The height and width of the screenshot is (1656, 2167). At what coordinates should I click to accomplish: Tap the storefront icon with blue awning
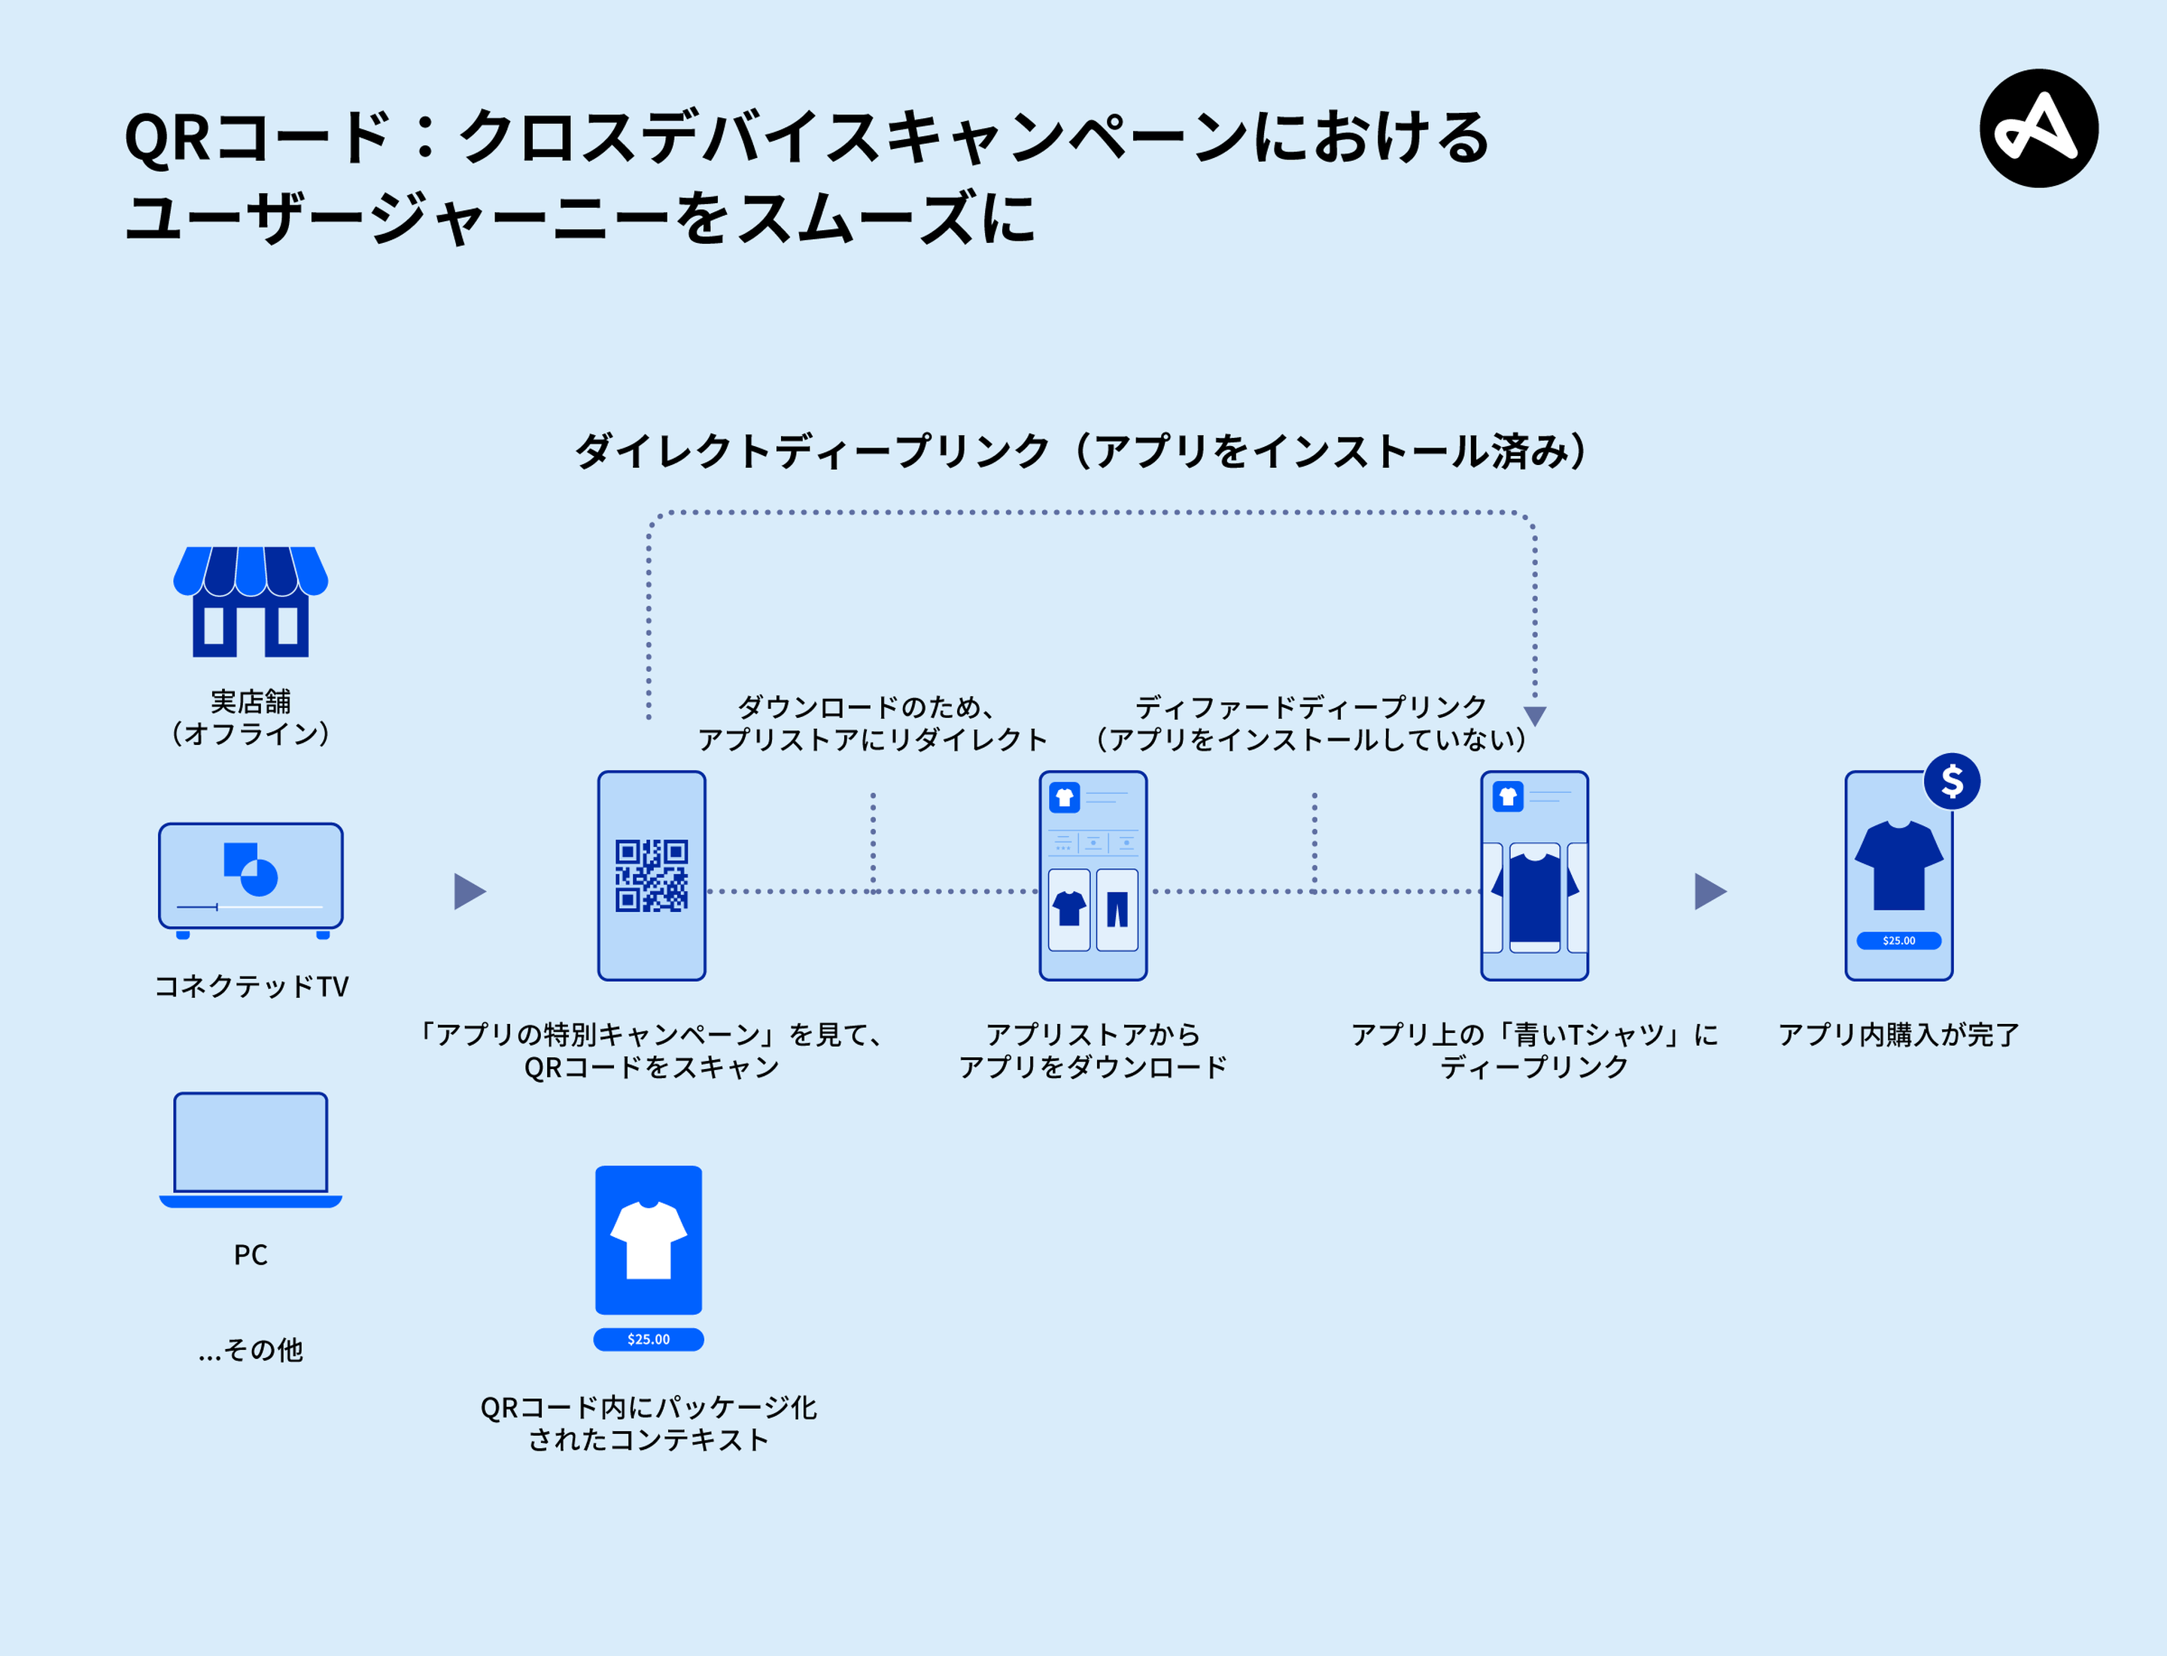251,600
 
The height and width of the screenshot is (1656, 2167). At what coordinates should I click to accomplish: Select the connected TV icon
251,877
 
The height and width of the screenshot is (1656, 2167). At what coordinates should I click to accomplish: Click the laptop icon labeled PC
251,1147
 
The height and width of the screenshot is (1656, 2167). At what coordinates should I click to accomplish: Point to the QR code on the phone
651,875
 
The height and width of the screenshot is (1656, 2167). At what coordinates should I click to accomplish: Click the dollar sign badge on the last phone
1951,782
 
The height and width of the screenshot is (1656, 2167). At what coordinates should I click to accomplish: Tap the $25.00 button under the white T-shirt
648,1338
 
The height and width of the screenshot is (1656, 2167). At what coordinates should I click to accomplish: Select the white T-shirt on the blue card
648,1239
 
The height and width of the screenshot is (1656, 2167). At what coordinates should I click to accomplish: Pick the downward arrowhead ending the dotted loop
1534,716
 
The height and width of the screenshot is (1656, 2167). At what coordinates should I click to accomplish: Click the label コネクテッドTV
251,986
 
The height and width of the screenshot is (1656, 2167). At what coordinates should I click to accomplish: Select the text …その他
251,1350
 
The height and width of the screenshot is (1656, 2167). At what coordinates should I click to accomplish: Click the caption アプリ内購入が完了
1898,1034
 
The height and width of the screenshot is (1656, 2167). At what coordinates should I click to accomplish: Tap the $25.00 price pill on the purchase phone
1898,940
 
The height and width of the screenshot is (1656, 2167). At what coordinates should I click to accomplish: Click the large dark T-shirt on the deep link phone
1534,897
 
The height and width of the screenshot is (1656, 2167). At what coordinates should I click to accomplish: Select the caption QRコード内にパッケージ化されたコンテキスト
648,1424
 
